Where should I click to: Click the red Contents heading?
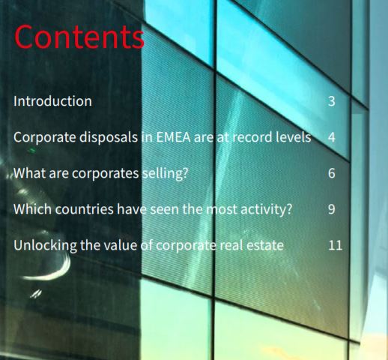79,37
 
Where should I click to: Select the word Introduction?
52,101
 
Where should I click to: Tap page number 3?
332,101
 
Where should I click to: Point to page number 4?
332,137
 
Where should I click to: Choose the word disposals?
109,138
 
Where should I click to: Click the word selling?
165,174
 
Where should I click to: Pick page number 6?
332,173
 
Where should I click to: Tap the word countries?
85,209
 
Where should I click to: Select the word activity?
266,210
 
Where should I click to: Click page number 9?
332,209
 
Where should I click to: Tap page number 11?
335,245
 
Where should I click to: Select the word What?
29,173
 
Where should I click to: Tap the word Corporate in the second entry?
45,138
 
